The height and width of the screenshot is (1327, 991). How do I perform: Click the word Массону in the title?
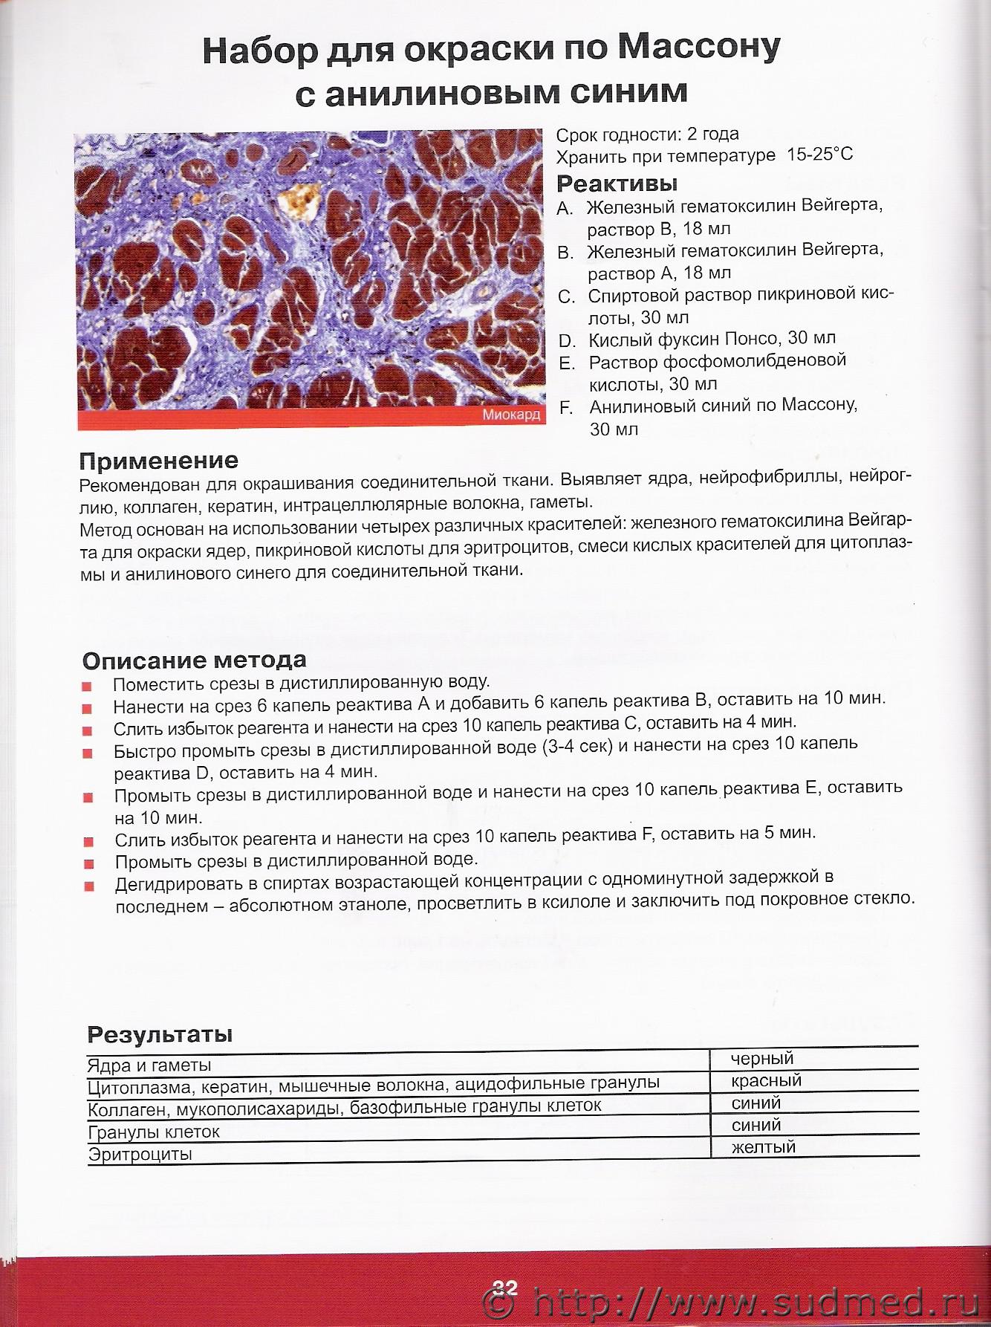pos(699,48)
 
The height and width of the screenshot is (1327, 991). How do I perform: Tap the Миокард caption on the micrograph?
pos(511,415)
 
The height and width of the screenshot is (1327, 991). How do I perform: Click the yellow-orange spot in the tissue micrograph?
pos(299,201)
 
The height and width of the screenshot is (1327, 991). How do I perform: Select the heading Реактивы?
pos(617,183)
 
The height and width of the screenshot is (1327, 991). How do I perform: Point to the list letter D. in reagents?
pos(567,341)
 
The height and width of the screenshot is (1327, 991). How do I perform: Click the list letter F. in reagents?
pos(566,408)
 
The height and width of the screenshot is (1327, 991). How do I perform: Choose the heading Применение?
pos(158,461)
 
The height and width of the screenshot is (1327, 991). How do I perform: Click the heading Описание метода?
pos(194,660)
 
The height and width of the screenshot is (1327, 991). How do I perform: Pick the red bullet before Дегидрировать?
pos(89,886)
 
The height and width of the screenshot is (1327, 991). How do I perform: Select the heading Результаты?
pos(160,1034)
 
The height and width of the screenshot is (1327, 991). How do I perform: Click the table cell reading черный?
pos(761,1059)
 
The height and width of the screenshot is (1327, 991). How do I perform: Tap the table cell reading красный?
pos(766,1081)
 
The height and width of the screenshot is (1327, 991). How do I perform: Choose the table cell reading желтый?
pos(763,1147)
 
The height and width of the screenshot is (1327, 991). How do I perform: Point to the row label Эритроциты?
pos(140,1155)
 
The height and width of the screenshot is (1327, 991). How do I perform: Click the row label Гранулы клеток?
pos(154,1132)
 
